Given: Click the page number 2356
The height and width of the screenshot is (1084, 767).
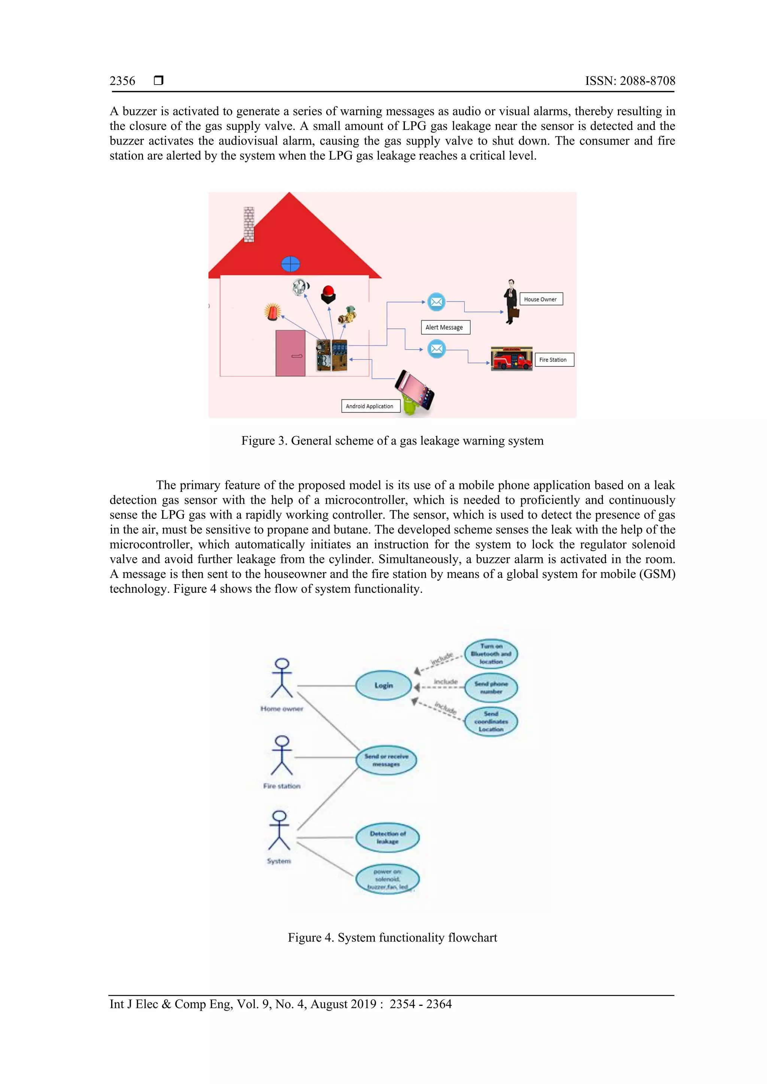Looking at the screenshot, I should click(x=122, y=81).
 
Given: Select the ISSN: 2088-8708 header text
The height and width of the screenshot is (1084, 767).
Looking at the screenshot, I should click(x=630, y=81).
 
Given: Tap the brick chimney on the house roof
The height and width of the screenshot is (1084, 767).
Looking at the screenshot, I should click(x=249, y=224).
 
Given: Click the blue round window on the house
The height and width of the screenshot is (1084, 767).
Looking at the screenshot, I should click(x=291, y=264).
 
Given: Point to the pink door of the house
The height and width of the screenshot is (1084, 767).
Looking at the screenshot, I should click(x=291, y=353).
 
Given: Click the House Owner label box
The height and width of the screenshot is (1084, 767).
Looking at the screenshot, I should click(x=541, y=299).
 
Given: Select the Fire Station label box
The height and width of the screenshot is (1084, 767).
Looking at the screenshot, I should click(x=554, y=360).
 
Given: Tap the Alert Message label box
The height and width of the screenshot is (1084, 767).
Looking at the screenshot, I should click(x=445, y=327).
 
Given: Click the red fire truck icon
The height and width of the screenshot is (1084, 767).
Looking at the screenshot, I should click(x=512, y=359).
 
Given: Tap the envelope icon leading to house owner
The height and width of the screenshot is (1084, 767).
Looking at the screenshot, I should click(x=436, y=302).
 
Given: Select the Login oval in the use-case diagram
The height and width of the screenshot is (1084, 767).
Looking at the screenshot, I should click(x=383, y=685).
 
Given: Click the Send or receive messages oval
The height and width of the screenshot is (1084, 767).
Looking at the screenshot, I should click(x=386, y=760).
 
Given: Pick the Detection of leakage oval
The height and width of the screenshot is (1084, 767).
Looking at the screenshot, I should click(x=387, y=838).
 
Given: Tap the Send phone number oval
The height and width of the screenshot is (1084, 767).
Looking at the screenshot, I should click(x=491, y=687).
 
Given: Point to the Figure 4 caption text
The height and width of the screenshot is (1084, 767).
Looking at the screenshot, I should click(x=392, y=937).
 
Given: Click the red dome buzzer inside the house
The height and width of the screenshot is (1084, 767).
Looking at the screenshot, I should click(x=328, y=295).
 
